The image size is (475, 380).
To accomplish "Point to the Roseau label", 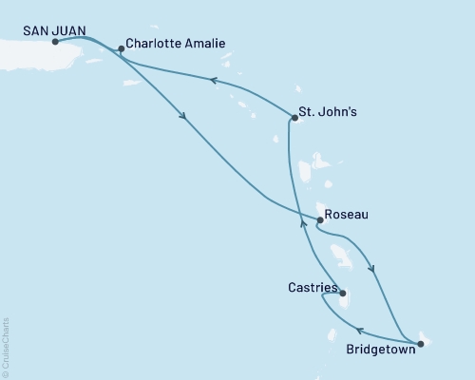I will [346, 215].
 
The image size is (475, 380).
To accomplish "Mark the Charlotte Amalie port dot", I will [121, 47].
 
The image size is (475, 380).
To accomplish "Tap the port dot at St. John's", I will [293, 118].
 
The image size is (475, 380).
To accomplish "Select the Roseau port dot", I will [319, 220].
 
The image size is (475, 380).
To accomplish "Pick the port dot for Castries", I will [342, 294].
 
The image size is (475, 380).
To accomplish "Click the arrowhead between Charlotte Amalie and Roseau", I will [181, 117].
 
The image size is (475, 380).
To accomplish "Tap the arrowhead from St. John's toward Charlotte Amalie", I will [214, 83].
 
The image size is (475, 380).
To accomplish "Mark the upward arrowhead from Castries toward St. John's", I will [303, 223].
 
